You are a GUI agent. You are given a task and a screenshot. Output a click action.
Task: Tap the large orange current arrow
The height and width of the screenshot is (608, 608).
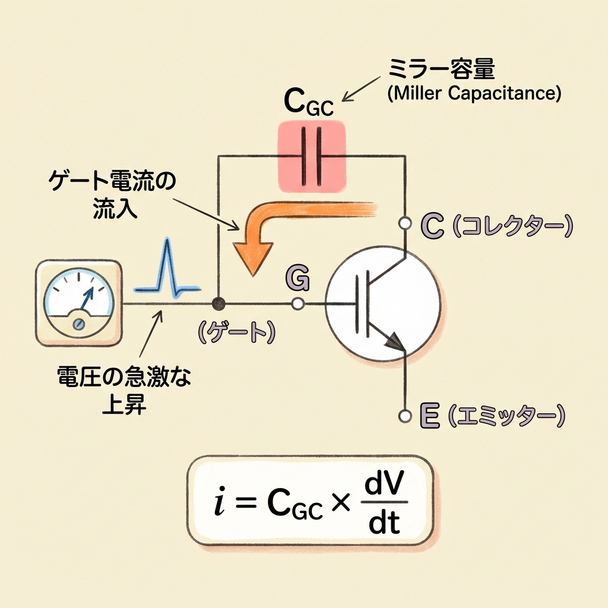click(279, 226)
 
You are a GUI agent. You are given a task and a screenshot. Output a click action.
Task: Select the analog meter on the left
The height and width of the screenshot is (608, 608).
click(78, 303)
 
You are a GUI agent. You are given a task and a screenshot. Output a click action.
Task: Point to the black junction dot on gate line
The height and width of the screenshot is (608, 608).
click(219, 304)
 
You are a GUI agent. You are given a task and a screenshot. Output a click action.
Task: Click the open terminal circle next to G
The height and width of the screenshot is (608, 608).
click(298, 304)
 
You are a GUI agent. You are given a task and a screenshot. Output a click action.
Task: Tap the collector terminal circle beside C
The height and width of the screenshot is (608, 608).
click(406, 223)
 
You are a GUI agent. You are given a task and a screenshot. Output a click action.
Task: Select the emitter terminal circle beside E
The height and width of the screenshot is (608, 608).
click(406, 416)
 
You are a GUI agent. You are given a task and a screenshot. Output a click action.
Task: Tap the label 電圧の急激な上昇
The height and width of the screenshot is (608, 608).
click(126, 388)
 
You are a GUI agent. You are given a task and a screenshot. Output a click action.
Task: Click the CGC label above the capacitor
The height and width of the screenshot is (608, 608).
click(308, 104)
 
